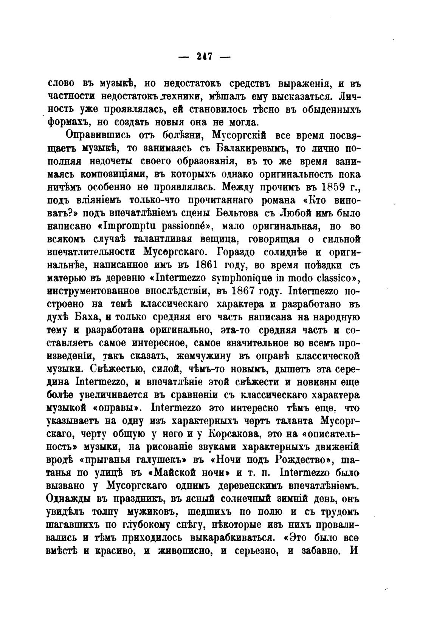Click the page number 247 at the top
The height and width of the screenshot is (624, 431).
[204, 57]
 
